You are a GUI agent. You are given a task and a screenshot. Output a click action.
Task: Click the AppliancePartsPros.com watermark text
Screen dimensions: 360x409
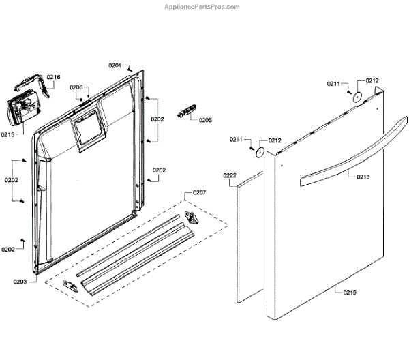pyautogui.click(x=202, y=7)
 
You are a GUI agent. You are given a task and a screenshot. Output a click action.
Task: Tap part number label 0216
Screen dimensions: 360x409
pyautogui.click(x=53, y=77)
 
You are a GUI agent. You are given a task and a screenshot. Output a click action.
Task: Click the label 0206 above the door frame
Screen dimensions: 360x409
pyautogui.click(x=76, y=87)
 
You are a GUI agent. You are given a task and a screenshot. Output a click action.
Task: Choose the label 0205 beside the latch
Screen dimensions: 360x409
pyautogui.click(x=205, y=120)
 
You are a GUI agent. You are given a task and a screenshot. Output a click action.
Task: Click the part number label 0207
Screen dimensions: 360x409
pyautogui.click(x=199, y=193)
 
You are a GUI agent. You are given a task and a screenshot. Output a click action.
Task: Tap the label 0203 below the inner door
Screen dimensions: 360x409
pyautogui.click(x=20, y=281)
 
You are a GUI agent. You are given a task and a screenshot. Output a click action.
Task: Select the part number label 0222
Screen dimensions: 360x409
pyautogui.click(x=230, y=176)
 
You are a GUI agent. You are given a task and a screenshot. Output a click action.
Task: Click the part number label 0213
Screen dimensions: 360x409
pyautogui.click(x=363, y=177)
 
